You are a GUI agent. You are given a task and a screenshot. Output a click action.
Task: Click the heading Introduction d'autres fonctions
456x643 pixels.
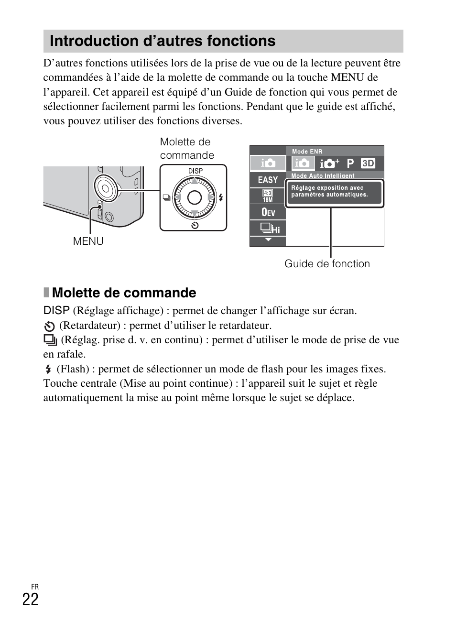click(163, 41)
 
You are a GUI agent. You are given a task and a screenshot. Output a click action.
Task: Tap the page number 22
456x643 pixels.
click(30, 599)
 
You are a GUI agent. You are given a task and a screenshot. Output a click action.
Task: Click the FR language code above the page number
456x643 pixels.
click(34, 587)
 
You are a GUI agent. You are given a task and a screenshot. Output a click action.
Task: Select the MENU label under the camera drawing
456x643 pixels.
click(88, 241)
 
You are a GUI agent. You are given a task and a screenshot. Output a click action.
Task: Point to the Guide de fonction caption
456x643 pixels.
click(327, 264)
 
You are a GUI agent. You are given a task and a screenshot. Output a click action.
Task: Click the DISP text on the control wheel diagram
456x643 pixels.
click(195, 171)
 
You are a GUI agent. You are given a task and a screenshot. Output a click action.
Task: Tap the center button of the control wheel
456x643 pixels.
click(195, 197)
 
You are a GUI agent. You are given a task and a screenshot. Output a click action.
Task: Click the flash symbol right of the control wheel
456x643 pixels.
click(221, 197)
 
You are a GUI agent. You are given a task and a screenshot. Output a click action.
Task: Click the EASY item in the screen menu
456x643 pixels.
click(268, 180)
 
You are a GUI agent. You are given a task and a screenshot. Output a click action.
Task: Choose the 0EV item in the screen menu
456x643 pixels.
click(268, 212)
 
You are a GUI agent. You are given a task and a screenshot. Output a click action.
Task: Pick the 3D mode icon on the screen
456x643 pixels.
click(368, 163)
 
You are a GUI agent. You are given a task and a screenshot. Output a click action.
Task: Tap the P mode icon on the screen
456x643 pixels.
click(350, 163)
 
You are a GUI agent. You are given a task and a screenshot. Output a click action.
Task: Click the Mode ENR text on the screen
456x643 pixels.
click(307, 152)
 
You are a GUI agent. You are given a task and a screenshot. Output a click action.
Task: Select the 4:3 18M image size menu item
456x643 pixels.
click(268, 196)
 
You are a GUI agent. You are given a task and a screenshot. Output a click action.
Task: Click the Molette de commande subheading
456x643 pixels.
click(124, 293)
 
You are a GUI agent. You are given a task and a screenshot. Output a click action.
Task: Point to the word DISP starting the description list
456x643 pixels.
click(56, 310)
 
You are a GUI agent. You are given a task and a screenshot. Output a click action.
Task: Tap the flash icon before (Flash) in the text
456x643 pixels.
click(48, 369)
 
